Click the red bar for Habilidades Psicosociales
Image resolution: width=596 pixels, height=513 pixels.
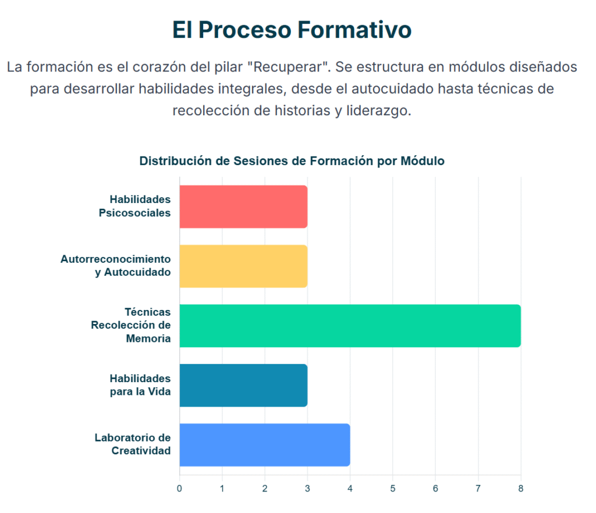coord(243,206)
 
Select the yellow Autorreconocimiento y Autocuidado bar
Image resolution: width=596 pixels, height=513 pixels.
coord(243,266)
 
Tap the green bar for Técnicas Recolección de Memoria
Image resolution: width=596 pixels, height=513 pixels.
coord(350,326)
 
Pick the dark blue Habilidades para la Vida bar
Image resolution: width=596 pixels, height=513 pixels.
coord(243,386)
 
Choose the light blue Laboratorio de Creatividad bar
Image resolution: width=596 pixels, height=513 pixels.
coord(265,445)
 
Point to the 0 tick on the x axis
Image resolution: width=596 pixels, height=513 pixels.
coord(179,489)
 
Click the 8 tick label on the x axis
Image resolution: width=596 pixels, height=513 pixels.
coord(521,489)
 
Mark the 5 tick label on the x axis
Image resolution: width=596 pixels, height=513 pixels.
coord(393,489)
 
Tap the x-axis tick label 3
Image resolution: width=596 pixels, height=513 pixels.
coord(307,489)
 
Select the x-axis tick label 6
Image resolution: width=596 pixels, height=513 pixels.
coord(435,489)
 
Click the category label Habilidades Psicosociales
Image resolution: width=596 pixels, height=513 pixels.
coord(134,206)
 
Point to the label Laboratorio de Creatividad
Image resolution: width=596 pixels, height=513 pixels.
coord(133,444)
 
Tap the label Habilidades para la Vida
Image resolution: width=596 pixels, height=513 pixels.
coord(140,385)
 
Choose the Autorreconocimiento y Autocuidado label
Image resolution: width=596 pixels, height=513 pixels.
coord(116,265)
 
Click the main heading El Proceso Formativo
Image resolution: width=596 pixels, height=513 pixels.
coord(292,30)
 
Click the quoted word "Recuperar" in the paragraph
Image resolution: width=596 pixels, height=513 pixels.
coord(288,67)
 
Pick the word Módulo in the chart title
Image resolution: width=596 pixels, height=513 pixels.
coord(423,161)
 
